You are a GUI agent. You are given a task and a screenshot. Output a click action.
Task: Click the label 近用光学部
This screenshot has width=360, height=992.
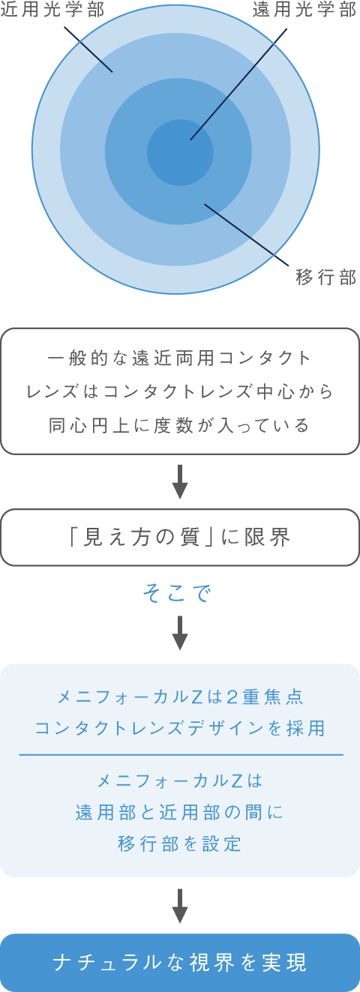pos(52,9)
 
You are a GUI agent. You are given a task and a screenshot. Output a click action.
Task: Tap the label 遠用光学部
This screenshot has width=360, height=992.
pos(304,9)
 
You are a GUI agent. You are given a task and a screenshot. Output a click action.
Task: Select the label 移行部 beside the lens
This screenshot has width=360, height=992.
pos(326,277)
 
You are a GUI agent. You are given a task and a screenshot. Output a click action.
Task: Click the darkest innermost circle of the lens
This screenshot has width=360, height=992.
pos(180,152)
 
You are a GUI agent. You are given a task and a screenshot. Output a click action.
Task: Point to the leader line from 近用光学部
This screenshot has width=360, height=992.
pos(88,49)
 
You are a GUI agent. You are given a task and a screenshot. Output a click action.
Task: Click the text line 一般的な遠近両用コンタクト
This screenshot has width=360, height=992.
pos(180,358)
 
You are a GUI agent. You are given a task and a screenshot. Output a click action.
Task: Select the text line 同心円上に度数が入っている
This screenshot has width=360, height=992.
pos(180,426)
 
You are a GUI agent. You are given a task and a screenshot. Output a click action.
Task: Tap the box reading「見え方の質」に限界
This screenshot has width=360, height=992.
pos(180,537)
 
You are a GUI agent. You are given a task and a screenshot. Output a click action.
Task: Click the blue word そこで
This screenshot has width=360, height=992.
pos(177,593)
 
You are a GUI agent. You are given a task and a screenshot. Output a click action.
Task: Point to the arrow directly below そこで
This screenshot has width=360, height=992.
pos(180,633)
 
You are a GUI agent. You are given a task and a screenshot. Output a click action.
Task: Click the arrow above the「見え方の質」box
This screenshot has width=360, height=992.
pos(180,482)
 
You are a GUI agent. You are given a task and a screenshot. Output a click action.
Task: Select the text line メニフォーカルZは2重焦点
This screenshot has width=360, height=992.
pos(181,697)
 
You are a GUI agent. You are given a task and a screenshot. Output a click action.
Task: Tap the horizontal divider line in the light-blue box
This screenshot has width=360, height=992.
pos(181,754)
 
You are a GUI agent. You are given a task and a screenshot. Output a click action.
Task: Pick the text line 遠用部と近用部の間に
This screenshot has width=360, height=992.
pos(179,813)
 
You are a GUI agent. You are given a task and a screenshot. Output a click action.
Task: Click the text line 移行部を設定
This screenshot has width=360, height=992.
pos(180,844)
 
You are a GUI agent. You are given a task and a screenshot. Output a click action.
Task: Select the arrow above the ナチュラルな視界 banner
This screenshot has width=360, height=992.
pos(180,906)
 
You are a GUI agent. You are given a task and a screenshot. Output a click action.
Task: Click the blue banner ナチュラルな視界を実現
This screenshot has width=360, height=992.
pos(180,963)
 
